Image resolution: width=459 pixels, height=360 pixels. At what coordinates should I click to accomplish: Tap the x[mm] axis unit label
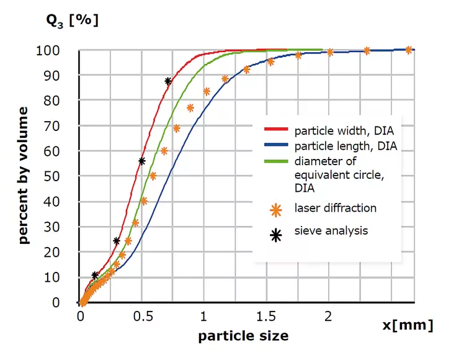[x=408, y=326]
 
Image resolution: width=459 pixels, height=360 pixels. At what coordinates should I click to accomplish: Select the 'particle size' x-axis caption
[x=243, y=336]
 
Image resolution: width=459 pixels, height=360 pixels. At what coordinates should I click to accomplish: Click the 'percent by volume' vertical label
[x=24, y=175]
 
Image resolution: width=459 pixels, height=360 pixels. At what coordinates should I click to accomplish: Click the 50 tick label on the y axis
[x=60, y=176]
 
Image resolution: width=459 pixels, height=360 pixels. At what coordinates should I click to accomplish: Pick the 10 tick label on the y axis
[x=60, y=277]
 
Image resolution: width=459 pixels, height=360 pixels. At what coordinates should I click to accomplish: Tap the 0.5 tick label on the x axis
[x=142, y=316]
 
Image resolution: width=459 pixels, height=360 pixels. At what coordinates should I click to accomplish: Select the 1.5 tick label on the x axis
[x=265, y=316]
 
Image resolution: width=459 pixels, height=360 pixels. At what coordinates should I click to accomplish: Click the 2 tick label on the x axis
[x=328, y=316]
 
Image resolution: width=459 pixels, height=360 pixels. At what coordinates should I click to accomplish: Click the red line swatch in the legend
[x=277, y=130]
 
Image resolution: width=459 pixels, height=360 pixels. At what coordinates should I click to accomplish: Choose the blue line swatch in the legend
[x=277, y=146]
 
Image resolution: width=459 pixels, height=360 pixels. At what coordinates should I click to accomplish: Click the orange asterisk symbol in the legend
[x=277, y=210]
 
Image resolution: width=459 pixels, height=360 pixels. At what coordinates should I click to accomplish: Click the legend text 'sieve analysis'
[x=331, y=231]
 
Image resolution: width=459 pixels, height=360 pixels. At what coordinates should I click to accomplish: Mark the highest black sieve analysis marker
[x=168, y=81]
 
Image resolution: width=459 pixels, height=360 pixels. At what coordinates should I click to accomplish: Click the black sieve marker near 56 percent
[x=142, y=161]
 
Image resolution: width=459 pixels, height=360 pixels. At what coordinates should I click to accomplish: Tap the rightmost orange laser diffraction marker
[x=408, y=50]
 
